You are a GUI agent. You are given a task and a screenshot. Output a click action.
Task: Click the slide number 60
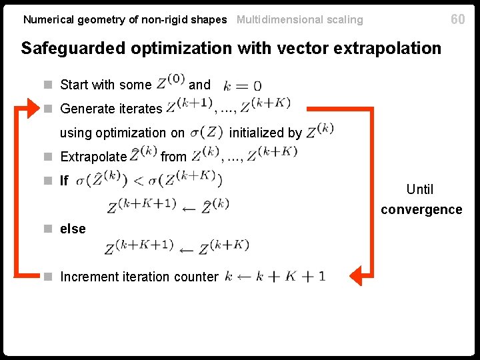457,19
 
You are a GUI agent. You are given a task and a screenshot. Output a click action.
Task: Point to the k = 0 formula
243,85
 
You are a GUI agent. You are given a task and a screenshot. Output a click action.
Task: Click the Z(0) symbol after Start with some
170,83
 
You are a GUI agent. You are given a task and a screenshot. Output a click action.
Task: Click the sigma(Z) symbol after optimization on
205,131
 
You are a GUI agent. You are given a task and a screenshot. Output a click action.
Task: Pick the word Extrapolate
93,157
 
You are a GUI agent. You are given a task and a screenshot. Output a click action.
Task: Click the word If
64,181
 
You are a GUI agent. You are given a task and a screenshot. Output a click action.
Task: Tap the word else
73,229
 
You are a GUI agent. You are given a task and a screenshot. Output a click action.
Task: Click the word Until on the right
420,189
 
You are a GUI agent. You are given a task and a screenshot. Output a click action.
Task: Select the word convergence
421,209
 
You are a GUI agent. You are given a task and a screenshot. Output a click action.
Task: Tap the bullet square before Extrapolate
48,157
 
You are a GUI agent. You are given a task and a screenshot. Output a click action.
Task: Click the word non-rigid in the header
157,20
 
